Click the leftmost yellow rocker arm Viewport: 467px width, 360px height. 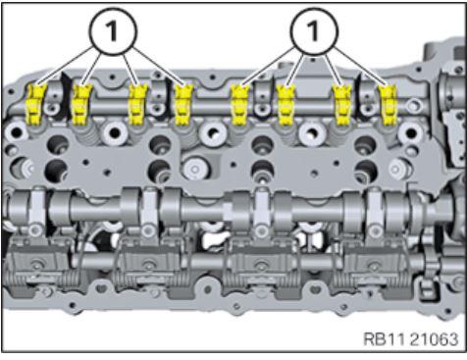click(35, 104)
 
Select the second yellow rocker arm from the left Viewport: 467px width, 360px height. click(80, 104)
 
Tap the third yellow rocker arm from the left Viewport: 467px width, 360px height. click(137, 104)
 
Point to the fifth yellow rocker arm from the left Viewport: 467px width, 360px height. click(240, 104)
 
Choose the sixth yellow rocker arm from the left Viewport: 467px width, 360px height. click(286, 105)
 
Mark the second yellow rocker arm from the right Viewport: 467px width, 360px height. click(342, 105)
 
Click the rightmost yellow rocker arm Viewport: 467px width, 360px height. click(389, 105)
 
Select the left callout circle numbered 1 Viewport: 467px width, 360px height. click(113, 31)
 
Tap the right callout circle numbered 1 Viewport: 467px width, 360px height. click(314, 31)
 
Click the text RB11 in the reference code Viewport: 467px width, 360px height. click(385, 339)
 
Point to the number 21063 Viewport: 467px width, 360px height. click(434, 339)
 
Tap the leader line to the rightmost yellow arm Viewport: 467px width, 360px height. click(361, 67)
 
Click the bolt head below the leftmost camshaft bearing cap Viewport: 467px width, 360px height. click(36, 231)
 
